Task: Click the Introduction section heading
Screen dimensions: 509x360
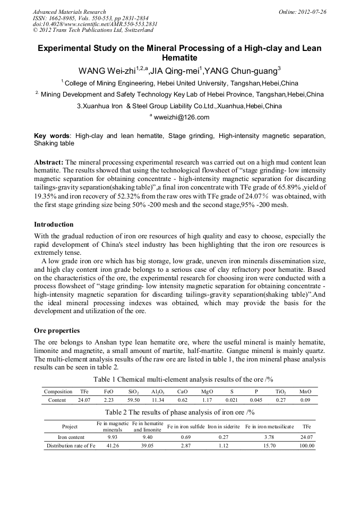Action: click(54, 225)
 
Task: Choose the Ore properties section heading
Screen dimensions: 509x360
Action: click(57, 330)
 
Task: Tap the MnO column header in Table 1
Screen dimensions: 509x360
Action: click(305, 392)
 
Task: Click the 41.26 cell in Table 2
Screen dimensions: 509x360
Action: click(113, 446)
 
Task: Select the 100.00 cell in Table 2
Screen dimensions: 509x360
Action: click(306, 446)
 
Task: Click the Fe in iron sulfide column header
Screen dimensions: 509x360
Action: click(186, 426)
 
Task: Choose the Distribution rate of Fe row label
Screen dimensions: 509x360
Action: click(71, 446)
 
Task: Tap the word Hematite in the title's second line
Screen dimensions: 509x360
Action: click(179, 57)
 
